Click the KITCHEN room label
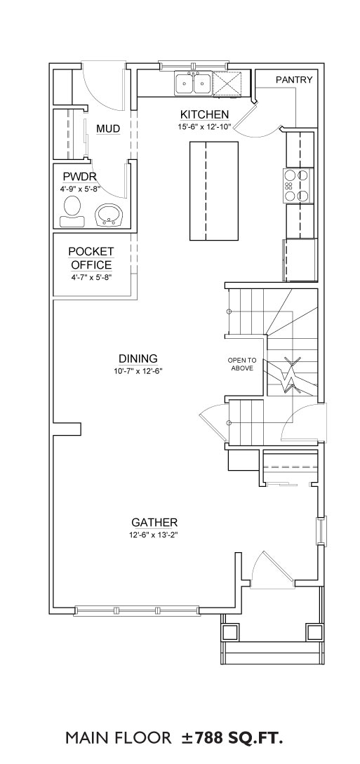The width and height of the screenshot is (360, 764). point(204,114)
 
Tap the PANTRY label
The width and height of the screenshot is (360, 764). point(294,80)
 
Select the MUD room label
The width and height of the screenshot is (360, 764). point(108,128)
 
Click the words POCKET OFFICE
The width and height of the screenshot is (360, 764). point(91,258)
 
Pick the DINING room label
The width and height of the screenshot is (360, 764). point(137,358)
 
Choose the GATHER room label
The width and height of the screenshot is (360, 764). point(154,523)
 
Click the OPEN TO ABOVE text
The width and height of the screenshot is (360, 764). point(242,364)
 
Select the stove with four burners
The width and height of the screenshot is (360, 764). point(298,186)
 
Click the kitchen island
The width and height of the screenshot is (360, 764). point(214,191)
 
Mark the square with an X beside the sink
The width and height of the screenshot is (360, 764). point(227,83)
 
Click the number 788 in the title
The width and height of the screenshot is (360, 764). point(211,737)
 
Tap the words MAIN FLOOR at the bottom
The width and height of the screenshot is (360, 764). point(119,737)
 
